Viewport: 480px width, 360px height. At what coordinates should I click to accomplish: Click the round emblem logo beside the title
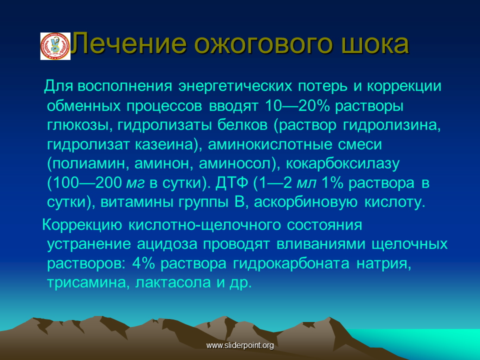pyautogui.click(x=55, y=46)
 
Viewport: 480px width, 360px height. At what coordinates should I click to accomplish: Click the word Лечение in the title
pyautogui.click(x=129, y=44)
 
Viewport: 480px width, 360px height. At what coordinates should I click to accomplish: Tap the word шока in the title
pyautogui.click(x=375, y=44)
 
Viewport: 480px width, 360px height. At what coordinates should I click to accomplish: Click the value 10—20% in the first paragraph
pyautogui.click(x=296, y=105)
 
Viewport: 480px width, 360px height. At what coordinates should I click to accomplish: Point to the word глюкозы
pyautogui.click(x=78, y=125)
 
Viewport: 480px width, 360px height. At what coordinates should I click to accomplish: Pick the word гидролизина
pyautogui.click(x=392, y=125)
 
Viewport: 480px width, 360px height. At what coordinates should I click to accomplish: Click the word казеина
pyautogui.click(x=164, y=144)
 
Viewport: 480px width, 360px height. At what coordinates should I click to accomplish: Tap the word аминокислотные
pyautogui.click(x=269, y=144)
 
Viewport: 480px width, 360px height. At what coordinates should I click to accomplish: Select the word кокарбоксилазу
pyautogui.click(x=342, y=164)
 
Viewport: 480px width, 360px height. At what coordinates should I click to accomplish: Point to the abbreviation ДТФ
pyautogui.click(x=231, y=183)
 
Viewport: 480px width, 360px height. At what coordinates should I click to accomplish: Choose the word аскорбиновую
pyautogui.click(x=305, y=202)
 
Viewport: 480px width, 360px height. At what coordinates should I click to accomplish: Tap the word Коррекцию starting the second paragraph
pyautogui.click(x=82, y=225)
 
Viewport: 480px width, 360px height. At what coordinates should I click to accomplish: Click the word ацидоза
pyautogui.click(x=167, y=244)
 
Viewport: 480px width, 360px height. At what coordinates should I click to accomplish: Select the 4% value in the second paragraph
pyautogui.click(x=143, y=263)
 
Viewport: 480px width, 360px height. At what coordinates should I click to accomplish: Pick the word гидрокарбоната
pyautogui.click(x=291, y=263)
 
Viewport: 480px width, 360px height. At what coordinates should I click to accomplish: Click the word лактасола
pyautogui.click(x=172, y=282)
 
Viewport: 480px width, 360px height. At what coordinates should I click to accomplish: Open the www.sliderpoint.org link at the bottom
pyautogui.click(x=240, y=345)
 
